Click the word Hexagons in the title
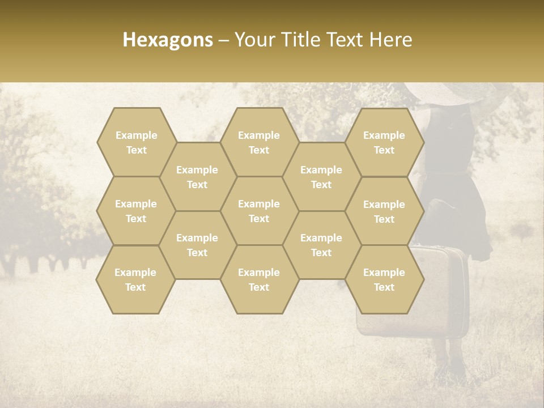167,40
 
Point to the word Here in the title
390,40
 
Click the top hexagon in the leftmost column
136,142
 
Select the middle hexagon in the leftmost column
136,211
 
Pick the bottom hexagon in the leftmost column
135,279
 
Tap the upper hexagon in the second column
197,177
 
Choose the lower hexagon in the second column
197,245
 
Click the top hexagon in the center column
259,142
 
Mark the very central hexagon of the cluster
259,211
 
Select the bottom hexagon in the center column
259,279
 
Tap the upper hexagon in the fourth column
321,177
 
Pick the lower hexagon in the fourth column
321,245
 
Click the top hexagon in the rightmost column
384,142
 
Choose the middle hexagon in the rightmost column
384,211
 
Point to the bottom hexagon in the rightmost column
384,279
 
